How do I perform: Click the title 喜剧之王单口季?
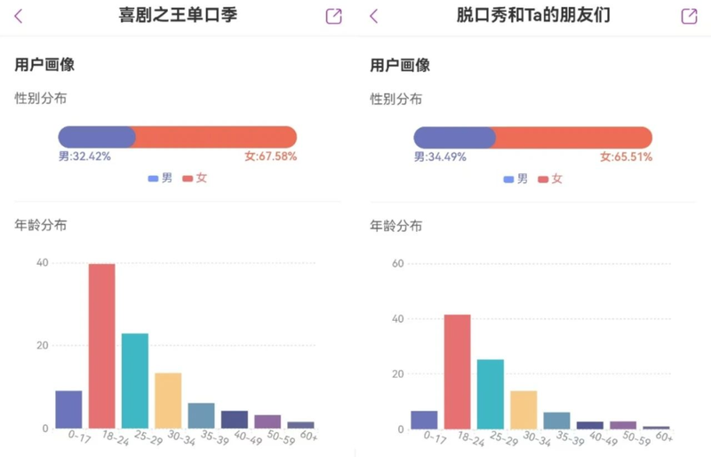[x=178, y=15]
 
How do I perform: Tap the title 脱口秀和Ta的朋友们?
[x=532, y=15]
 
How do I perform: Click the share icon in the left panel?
[x=333, y=16]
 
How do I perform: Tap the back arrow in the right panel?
[x=373, y=16]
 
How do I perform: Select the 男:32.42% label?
[x=84, y=156]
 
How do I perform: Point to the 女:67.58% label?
[x=270, y=156]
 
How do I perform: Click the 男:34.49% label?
[x=440, y=156]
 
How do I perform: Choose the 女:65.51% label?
[x=626, y=156]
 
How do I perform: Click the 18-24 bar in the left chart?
[x=102, y=346]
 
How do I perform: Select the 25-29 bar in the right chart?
[x=491, y=394]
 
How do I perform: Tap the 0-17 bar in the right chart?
[x=424, y=420]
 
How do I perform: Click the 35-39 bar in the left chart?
[x=201, y=415]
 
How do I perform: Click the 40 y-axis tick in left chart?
[x=43, y=262]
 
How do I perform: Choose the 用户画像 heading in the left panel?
[x=44, y=65]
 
